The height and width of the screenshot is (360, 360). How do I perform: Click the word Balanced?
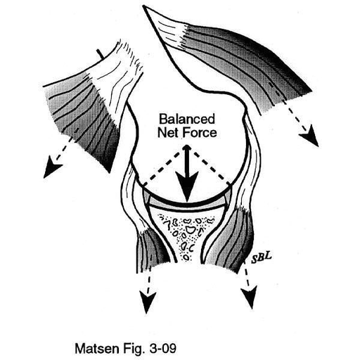[x=187, y=119]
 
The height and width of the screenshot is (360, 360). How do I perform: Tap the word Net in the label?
[x=168, y=132]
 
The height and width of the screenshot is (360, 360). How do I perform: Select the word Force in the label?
[x=200, y=132]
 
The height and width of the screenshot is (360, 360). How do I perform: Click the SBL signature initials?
[x=261, y=257]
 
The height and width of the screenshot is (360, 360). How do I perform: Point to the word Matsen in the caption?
[x=97, y=349]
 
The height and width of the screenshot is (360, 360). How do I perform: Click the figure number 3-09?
[x=162, y=349]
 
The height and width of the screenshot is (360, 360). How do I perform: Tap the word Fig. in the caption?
[x=134, y=349]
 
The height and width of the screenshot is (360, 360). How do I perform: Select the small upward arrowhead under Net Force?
[x=186, y=148]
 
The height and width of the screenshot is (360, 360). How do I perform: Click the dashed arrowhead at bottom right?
[x=250, y=297]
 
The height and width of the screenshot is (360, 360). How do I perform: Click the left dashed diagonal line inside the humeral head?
[x=162, y=167]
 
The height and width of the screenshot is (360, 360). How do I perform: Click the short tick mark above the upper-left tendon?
[x=100, y=53]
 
